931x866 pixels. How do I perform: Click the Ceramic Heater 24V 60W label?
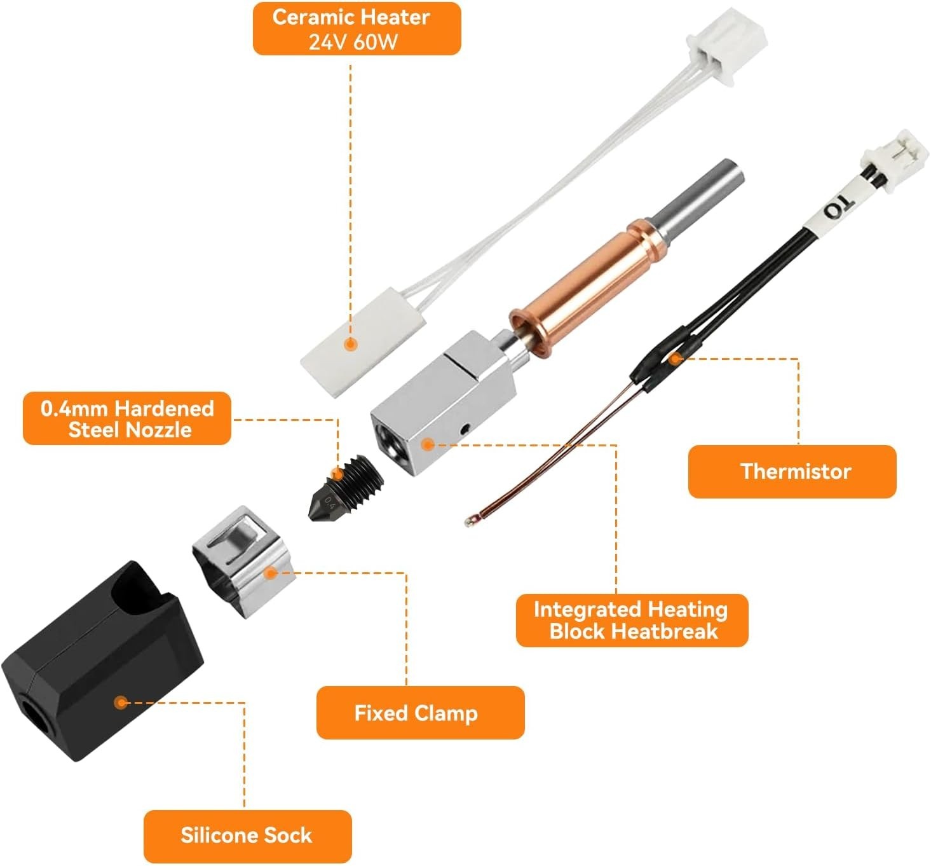pos(357,29)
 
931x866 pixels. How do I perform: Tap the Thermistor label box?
pos(792,471)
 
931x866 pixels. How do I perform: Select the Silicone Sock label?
pos(247,835)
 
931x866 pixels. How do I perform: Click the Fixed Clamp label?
pos(420,712)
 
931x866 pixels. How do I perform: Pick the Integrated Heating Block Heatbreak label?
pos(632,620)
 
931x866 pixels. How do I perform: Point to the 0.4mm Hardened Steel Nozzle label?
pos(127,418)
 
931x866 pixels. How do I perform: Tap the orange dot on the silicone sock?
pos(120,703)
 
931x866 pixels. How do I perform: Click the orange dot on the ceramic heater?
pos(350,345)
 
